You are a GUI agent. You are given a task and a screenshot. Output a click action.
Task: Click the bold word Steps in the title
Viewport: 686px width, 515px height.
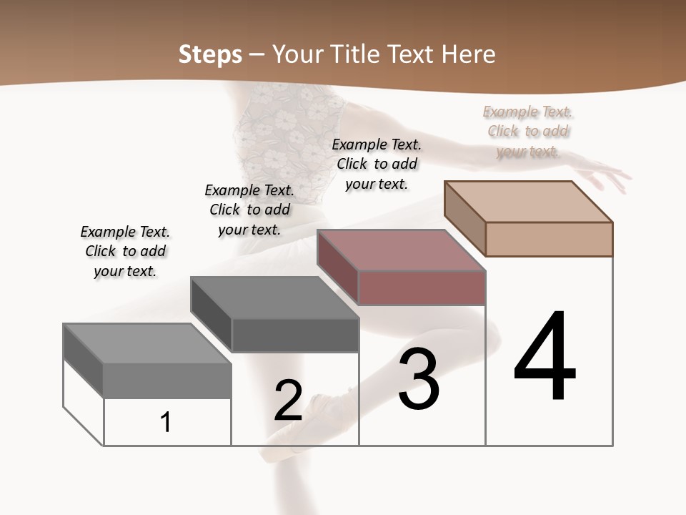[209, 54]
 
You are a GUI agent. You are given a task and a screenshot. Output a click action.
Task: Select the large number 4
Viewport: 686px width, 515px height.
[545, 357]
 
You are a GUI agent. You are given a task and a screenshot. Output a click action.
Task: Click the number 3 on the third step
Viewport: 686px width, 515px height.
[418, 379]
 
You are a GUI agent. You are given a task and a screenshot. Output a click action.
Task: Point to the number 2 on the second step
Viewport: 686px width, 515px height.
[288, 401]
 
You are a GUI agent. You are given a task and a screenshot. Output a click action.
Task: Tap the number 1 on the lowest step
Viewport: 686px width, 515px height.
[166, 422]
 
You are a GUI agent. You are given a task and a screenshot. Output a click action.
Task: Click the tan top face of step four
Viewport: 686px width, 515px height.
[527, 201]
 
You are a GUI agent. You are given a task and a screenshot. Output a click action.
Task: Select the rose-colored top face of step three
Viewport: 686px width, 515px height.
[400, 250]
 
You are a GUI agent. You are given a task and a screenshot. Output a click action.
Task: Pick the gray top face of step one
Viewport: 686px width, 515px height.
[146, 343]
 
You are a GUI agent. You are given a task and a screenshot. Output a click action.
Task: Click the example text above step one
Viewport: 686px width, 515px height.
[125, 251]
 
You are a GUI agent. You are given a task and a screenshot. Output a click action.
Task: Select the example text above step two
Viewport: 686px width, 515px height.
[249, 210]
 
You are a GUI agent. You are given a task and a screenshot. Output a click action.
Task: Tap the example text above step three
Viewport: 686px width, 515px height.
[377, 164]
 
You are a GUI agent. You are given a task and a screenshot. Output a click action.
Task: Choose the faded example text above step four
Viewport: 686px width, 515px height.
[528, 131]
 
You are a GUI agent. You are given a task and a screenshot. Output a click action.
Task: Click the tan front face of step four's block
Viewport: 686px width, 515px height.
[549, 239]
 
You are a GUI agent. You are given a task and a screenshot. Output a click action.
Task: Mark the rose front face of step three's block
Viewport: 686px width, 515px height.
[422, 288]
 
